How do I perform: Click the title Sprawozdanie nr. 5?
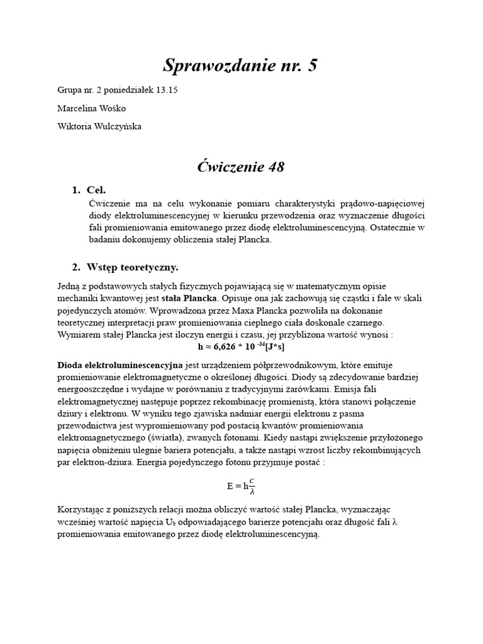[x=241, y=65]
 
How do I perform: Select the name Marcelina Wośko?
[x=91, y=108]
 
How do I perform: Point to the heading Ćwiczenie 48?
[x=241, y=167]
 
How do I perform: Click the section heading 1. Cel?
[x=89, y=190]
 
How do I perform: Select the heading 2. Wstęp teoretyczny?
[x=125, y=267]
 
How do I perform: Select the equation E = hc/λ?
[x=241, y=486]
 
